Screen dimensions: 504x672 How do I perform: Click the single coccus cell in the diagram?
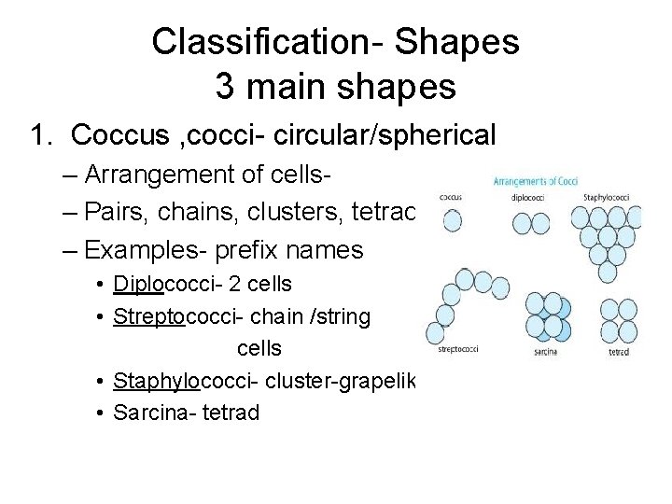(x=453, y=219)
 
